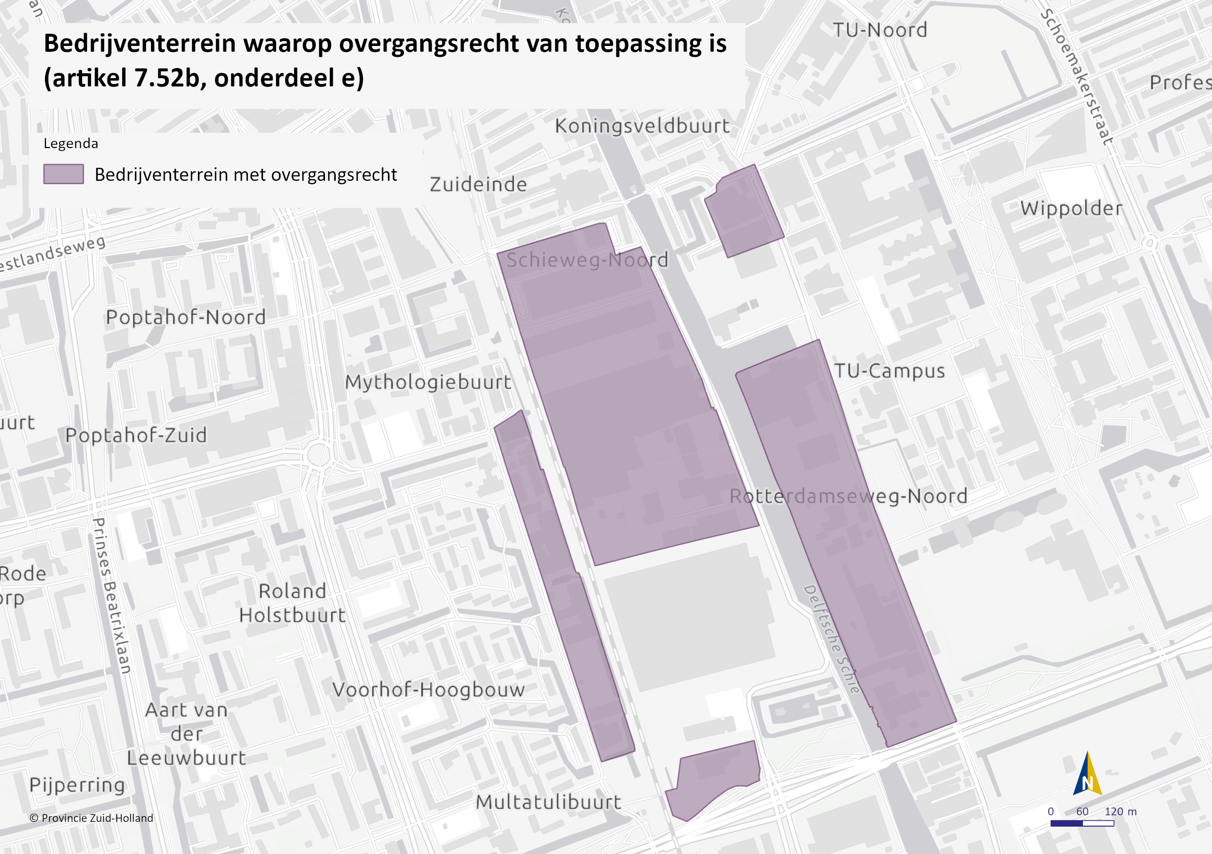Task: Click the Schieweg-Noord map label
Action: pyautogui.click(x=587, y=260)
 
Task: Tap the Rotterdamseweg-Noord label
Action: pyautogui.click(x=848, y=496)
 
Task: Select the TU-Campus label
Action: pyautogui.click(x=889, y=371)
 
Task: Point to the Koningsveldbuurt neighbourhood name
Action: pyautogui.click(x=642, y=126)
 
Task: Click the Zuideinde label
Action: pyautogui.click(x=478, y=185)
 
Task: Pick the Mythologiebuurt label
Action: pyautogui.click(x=428, y=382)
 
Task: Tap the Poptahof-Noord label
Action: pyautogui.click(x=186, y=317)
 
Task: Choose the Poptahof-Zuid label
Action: pyautogui.click(x=136, y=435)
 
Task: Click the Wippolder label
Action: pyautogui.click(x=1071, y=209)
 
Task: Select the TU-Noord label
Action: pyautogui.click(x=880, y=30)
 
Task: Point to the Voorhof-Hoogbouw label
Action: pyautogui.click(x=428, y=689)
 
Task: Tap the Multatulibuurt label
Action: pyautogui.click(x=548, y=802)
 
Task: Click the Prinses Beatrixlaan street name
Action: pyautogui.click(x=112, y=596)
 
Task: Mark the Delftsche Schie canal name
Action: pyautogui.click(x=832, y=639)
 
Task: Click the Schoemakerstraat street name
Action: pyautogui.click(x=1077, y=77)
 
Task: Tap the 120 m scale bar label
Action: pyautogui.click(x=1120, y=811)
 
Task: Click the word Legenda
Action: pyautogui.click(x=71, y=144)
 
